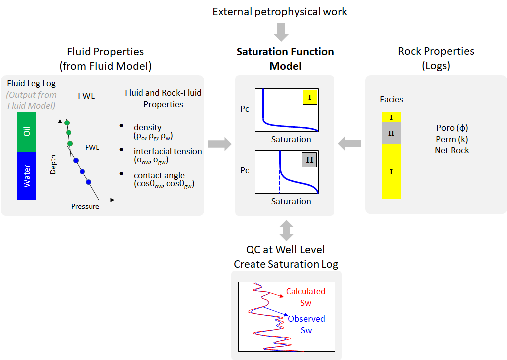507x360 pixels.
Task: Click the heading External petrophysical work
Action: (279, 12)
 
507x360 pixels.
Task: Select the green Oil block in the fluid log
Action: (27, 132)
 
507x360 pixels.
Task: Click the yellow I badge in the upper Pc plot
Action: (310, 98)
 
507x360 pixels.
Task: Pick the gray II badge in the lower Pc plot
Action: (310, 160)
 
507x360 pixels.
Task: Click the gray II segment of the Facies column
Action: (391, 133)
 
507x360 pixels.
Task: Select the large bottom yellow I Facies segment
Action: (391, 172)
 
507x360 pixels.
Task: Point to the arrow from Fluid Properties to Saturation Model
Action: (220, 144)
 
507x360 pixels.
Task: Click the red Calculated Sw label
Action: (306, 297)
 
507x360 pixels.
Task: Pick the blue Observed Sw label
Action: (306, 324)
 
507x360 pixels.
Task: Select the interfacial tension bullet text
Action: (168, 155)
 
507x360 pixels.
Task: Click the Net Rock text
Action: (452, 150)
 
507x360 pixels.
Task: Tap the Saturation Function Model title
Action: (285, 59)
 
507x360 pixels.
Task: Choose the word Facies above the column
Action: (391, 99)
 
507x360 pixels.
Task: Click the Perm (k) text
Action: (452, 139)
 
